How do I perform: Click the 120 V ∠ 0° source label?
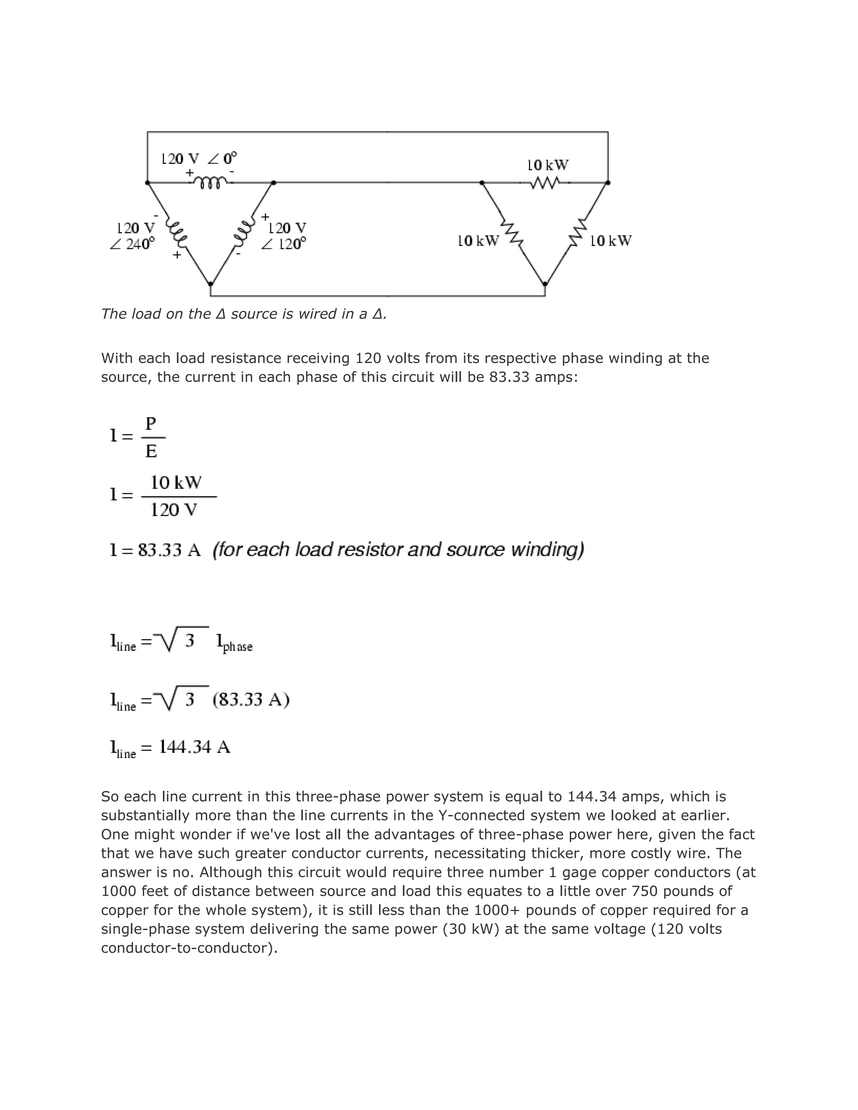pyautogui.click(x=198, y=159)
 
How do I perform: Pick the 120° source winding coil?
pyautogui.click(x=243, y=231)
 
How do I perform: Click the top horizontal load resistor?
pyautogui.click(x=545, y=183)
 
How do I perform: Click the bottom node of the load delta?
pyautogui.click(x=545, y=284)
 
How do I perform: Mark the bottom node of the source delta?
pyautogui.click(x=210, y=284)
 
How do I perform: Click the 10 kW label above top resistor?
pyautogui.click(x=548, y=165)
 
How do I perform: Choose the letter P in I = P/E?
pyautogui.click(x=151, y=423)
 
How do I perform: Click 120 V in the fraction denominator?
pyautogui.click(x=173, y=510)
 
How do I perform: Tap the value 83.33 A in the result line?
pyautogui.click(x=169, y=550)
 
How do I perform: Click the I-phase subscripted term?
pyautogui.click(x=234, y=643)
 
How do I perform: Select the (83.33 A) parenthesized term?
pyautogui.click(x=251, y=700)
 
